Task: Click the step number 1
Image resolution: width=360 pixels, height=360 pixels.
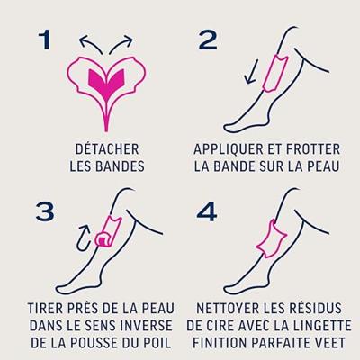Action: coord(45,40)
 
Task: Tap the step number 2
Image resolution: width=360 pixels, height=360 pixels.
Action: coord(208,40)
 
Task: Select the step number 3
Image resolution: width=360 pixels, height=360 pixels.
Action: coord(45,211)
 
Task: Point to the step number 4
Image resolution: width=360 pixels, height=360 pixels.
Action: coord(207,211)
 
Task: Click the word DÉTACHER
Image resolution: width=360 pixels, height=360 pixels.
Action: coord(107,149)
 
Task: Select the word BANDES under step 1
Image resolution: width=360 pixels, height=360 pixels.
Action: coord(122,166)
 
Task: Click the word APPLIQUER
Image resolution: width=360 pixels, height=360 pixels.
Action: coord(227,149)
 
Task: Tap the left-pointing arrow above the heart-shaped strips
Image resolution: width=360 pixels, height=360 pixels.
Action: coord(91,44)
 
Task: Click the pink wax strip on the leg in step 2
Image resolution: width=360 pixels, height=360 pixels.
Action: coord(274,73)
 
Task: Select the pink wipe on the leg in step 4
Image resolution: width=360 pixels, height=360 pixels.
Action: coord(271,239)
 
